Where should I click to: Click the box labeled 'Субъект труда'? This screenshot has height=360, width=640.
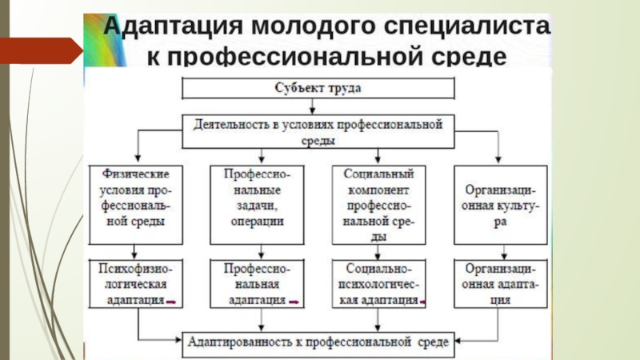coord(318,88)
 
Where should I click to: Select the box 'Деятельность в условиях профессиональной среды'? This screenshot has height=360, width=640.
coord(318,131)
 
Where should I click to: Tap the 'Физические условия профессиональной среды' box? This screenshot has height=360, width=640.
coord(136,205)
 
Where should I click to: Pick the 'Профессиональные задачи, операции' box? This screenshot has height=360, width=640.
coord(257,205)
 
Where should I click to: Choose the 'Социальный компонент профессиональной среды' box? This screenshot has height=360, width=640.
coord(378,205)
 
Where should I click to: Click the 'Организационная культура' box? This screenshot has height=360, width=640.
coord(501,205)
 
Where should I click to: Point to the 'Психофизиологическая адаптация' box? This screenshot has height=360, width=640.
coord(136,284)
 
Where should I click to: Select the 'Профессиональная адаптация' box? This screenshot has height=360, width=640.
coord(257,284)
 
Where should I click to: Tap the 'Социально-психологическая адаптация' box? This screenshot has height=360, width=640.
coord(378,284)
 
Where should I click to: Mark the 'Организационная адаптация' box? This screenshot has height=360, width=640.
coord(501,284)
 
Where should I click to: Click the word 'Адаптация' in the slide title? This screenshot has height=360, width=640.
coord(173,26)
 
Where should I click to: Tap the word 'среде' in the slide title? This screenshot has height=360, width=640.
coord(469,56)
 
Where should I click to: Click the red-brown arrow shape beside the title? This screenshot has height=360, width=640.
coord(42,50)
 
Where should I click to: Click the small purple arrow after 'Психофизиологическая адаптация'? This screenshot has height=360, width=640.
coord(171,302)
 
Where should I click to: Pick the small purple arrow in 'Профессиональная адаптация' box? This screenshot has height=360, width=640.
coord(294,302)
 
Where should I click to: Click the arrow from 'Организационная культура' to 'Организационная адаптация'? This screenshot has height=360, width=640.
coord(504,252)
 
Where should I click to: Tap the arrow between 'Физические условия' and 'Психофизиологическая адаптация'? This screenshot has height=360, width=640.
coord(134,252)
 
